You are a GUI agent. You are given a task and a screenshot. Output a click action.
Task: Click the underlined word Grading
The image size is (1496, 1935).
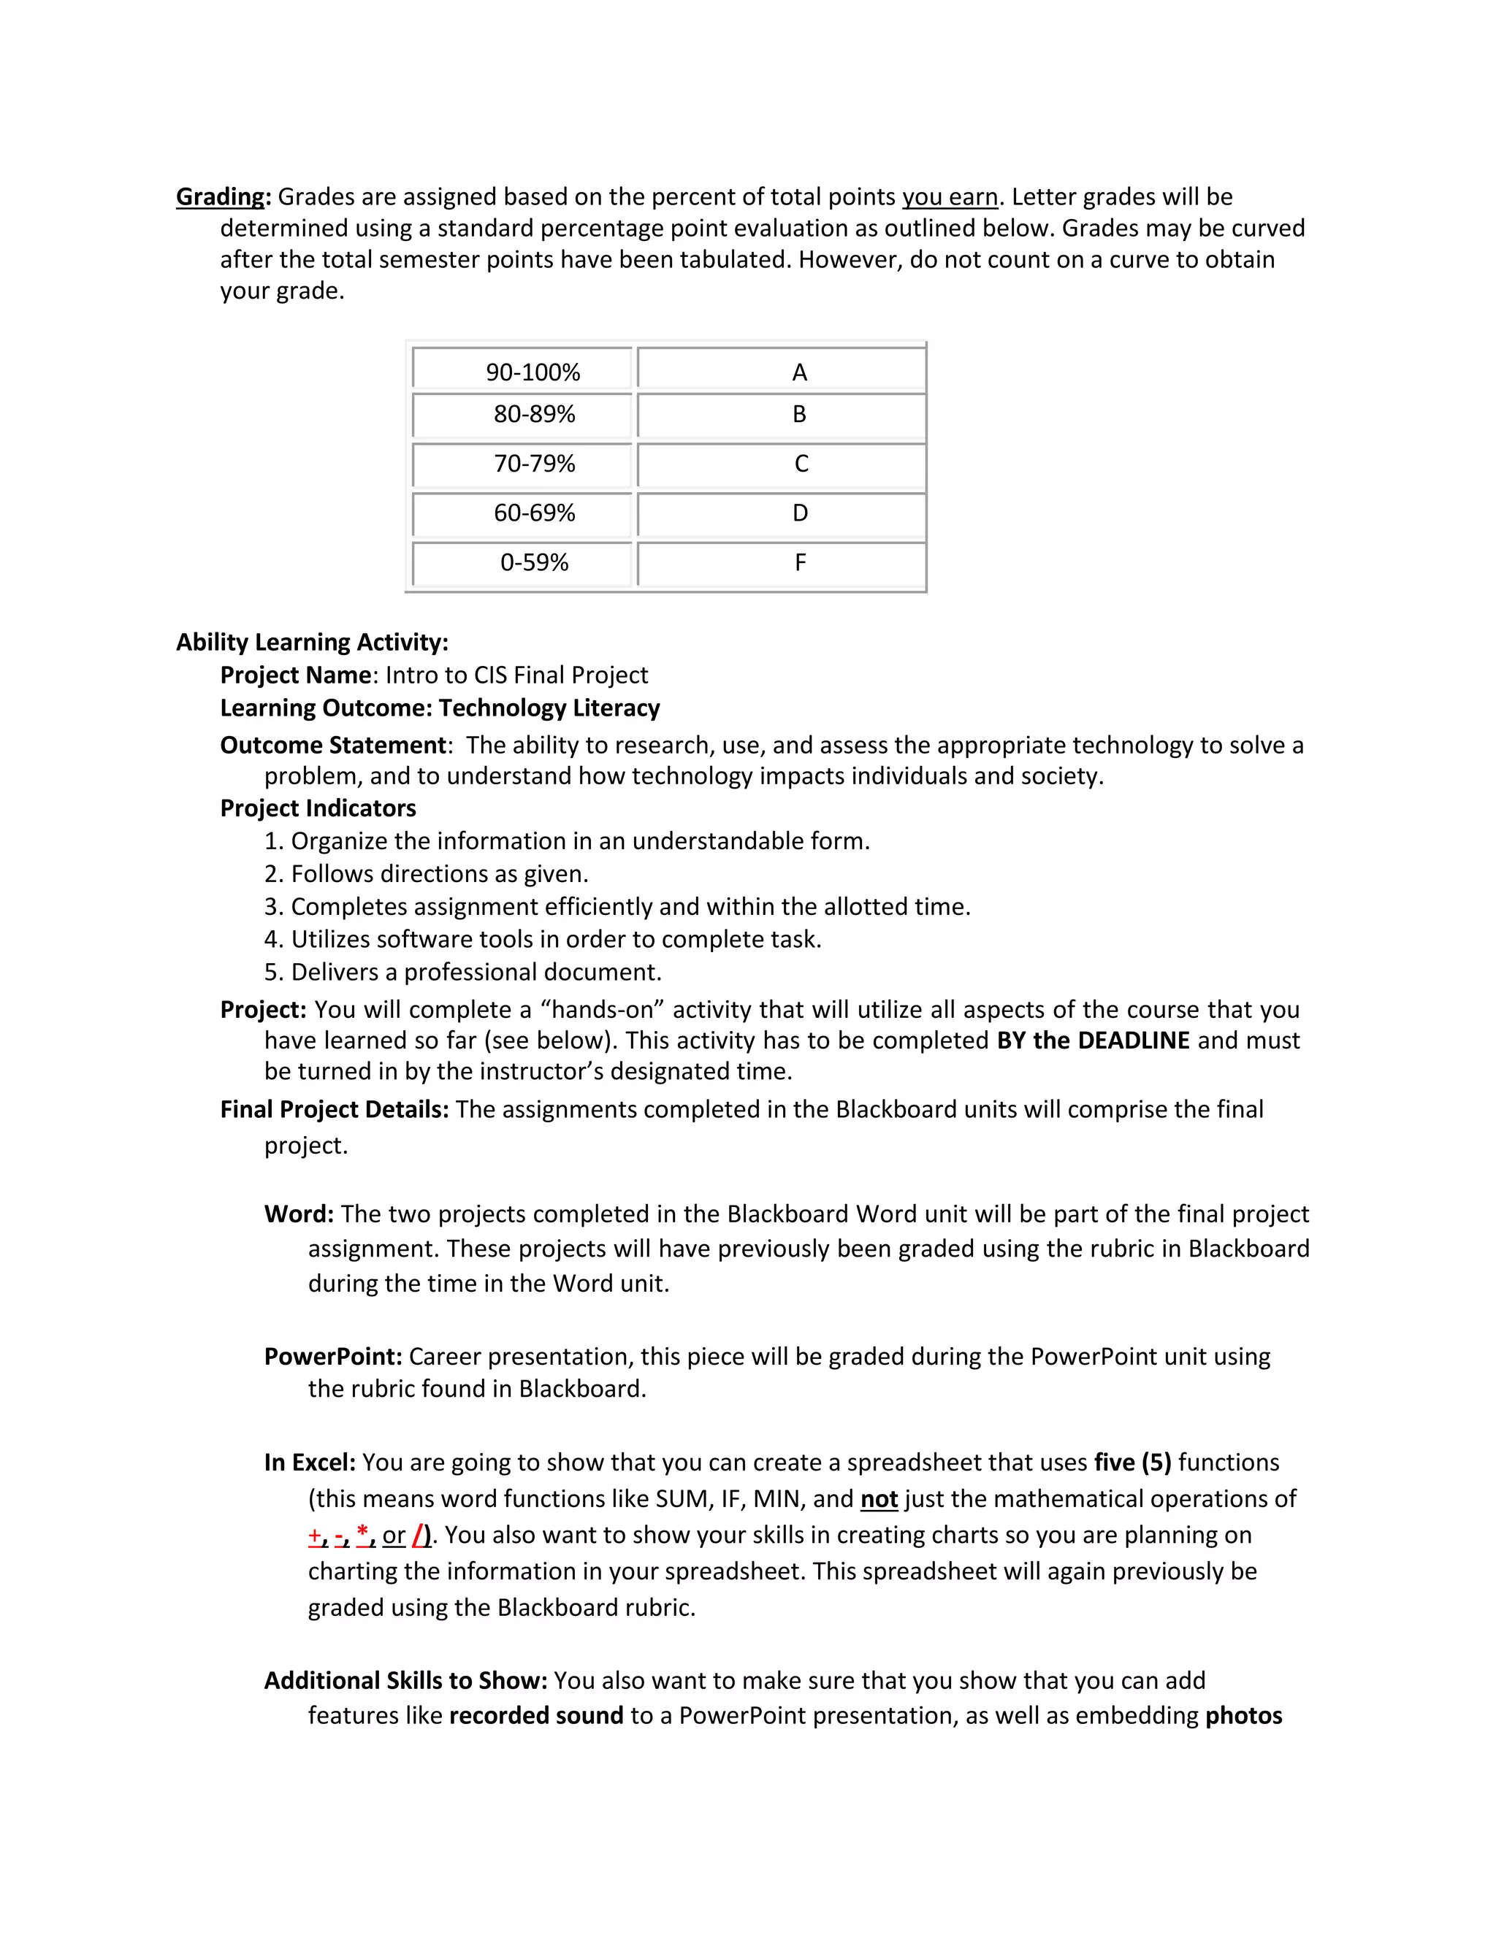(221, 196)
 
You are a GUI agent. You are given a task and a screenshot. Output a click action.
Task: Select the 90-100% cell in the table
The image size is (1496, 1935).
(533, 372)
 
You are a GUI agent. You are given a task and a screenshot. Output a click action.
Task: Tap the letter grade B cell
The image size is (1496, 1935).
(798, 415)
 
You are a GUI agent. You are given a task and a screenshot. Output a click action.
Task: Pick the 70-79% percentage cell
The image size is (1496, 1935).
(535, 464)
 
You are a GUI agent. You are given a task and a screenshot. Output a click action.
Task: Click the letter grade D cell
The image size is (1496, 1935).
(799, 513)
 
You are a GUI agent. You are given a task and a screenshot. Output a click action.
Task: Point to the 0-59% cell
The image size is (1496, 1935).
(535, 562)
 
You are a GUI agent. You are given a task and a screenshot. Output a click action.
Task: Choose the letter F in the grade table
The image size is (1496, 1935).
(799, 562)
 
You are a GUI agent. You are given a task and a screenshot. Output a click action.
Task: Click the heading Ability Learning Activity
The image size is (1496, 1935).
(312, 643)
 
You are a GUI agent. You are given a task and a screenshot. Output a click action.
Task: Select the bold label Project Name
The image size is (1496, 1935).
(295, 675)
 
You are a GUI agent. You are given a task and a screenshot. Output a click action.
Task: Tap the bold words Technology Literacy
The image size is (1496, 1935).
(549, 708)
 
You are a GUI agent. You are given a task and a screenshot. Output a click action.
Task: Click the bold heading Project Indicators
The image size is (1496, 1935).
(317, 808)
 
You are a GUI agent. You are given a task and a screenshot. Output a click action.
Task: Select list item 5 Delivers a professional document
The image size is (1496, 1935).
(462, 972)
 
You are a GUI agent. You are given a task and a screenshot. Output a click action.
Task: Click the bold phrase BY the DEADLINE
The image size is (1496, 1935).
(1092, 1040)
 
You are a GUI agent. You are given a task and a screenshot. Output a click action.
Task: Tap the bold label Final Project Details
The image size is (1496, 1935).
(334, 1109)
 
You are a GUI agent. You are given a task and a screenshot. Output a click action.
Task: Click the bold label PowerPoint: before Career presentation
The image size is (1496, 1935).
(333, 1357)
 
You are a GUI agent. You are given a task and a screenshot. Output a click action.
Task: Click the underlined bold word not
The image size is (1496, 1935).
(878, 1498)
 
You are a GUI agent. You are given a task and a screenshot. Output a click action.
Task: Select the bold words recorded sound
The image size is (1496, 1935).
(536, 1715)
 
